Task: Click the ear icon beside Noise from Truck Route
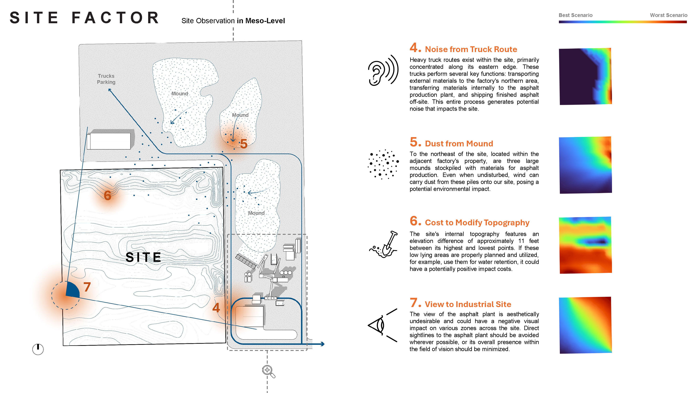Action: coord(383,71)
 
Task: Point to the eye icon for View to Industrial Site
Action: coord(382,325)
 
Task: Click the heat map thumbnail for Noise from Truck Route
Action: coord(585,76)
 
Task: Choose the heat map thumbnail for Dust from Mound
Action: coord(585,165)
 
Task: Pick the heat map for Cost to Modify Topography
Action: coord(585,245)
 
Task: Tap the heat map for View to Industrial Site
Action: coord(585,325)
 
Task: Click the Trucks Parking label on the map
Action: coord(106,79)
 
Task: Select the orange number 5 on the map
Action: coord(244,144)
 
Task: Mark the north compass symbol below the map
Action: coord(38,349)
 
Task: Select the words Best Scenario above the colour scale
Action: coord(575,15)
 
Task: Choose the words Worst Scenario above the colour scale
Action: coord(669,15)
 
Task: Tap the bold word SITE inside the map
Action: coord(143,257)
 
